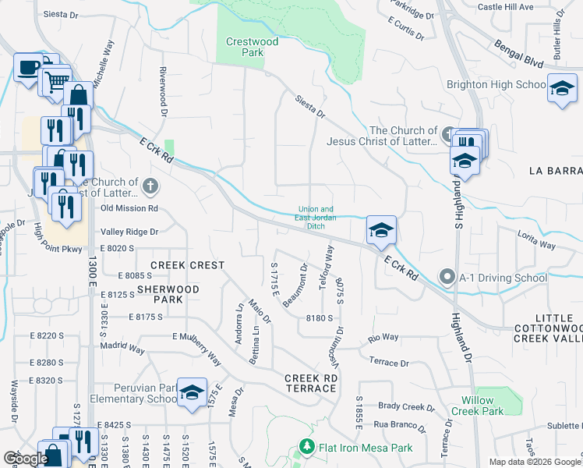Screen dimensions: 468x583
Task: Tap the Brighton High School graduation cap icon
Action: [x=561, y=88]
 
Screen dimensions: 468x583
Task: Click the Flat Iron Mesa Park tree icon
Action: [x=306, y=448]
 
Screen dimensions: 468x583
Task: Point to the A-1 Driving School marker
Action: [x=447, y=277]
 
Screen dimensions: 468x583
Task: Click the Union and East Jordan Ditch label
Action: [x=316, y=218]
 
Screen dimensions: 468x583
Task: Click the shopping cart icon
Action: [x=54, y=80]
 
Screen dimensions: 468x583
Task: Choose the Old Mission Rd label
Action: [x=129, y=208]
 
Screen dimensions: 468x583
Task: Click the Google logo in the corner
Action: [x=25, y=459]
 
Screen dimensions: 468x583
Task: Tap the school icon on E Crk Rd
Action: [x=381, y=230]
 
